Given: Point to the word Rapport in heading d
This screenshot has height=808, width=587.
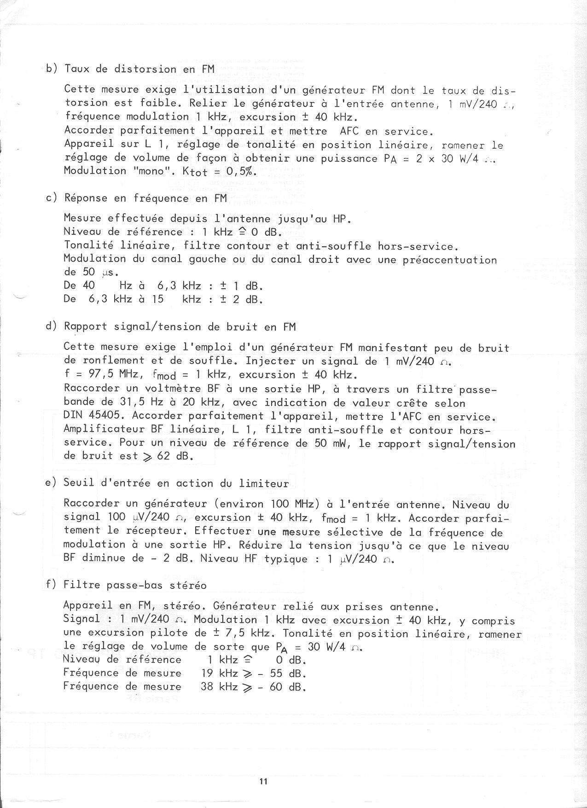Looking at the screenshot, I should coord(85,327).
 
